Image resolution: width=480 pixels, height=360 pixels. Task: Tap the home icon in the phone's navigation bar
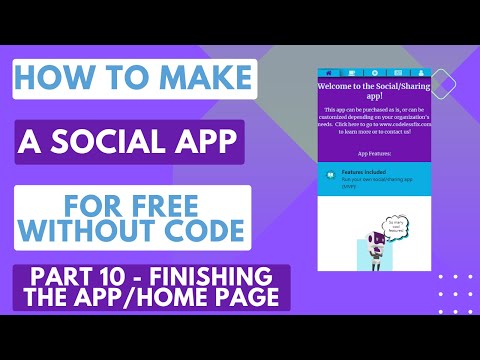click(x=327, y=73)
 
